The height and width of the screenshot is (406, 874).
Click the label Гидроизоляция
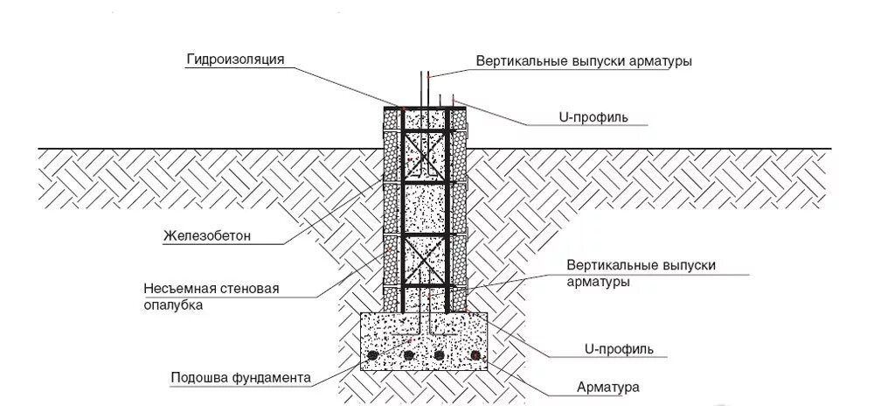[235, 59]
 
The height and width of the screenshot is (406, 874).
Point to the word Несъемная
[175, 289]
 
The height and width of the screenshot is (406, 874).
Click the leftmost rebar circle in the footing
[374, 356]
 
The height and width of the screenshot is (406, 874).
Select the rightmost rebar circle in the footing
[475, 356]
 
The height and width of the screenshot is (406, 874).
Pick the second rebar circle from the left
[407, 356]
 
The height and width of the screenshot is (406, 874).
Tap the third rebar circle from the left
[440, 356]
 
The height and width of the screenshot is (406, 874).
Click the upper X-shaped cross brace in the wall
[425, 157]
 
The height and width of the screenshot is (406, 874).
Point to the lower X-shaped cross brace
[425, 261]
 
